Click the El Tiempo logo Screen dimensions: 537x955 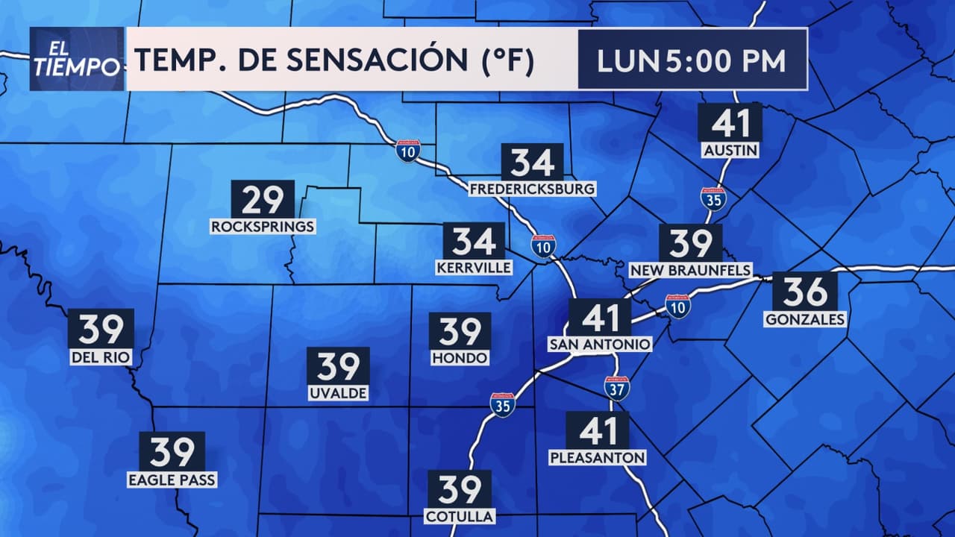point(76,59)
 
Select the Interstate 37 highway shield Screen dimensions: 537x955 point(617,388)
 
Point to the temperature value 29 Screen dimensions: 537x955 point(263,199)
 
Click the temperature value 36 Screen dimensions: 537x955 point(804,292)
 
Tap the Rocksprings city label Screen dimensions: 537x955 point(263,226)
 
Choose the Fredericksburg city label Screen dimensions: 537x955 point(532,189)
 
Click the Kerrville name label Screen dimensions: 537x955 point(474,267)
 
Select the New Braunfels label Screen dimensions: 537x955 point(690,269)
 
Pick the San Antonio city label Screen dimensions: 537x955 point(600,344)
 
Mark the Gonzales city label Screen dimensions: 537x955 point(805,319)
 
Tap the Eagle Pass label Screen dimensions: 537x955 point(172,480)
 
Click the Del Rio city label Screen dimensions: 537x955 point(101,357)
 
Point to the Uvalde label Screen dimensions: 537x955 point(338,392)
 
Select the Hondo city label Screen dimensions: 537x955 point(460,358)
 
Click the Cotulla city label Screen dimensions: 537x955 point(459,515)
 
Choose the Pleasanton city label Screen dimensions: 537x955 point(597,456)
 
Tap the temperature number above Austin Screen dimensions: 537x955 point(730,122)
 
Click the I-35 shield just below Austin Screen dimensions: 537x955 point(713,198)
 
